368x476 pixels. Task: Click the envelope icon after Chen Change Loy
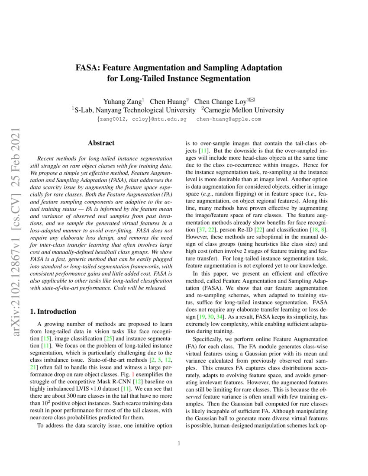click(252, 100)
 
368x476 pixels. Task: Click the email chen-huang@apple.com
click(229, 119)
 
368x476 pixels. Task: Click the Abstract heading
click(101, 143)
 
